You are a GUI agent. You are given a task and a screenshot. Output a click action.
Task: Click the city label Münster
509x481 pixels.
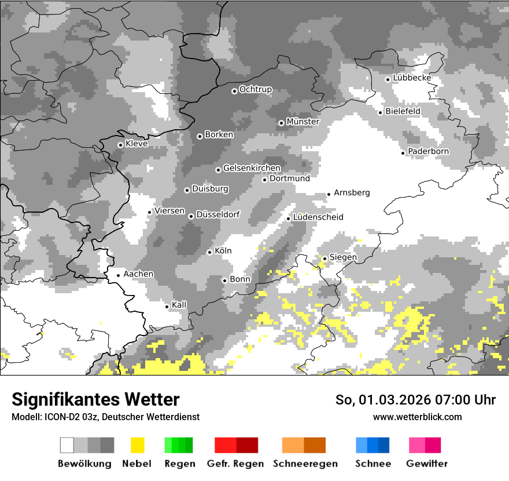click(303, 122)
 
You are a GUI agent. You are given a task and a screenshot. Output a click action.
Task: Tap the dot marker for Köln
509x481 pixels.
click(209, 252)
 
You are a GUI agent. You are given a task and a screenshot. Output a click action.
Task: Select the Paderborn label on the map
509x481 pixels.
click(428, 151)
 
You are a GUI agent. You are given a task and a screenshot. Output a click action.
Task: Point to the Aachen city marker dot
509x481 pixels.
click(118, 275)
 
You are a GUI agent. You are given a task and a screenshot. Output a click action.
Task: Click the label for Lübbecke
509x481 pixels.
click(412, 78)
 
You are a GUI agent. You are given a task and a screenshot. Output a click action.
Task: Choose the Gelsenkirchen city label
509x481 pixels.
click(252, 168)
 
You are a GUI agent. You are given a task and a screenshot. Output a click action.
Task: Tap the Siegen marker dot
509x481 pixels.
click(324, 258)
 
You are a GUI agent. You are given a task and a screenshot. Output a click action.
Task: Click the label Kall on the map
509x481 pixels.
click(179, 305)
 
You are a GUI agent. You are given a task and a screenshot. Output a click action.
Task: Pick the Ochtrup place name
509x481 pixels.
click(255, 89)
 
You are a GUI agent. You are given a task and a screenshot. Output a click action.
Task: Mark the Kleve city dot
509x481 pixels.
click(120, 145)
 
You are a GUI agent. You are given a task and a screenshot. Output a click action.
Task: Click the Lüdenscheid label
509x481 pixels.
click(318, 217)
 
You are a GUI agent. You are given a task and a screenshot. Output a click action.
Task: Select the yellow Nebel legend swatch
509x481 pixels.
click(138, 445)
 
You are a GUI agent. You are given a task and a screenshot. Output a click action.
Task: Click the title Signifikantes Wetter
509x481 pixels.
click(95, 399)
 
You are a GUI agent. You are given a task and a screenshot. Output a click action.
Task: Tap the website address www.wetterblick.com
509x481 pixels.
click(417, 417)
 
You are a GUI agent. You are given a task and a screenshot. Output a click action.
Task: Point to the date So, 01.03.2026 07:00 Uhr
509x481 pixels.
click(415, 400)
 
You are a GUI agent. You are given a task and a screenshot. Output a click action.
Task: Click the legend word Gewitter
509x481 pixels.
click(426, 464)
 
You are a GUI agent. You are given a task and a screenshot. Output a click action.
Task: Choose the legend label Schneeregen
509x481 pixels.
click(305, 464)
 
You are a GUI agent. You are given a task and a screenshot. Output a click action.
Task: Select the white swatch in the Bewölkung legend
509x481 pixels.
click(67, 445)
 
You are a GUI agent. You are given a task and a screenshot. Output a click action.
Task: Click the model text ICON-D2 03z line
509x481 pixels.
click(105, 417)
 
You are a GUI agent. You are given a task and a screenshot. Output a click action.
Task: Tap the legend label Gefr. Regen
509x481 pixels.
click(235, 464)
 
